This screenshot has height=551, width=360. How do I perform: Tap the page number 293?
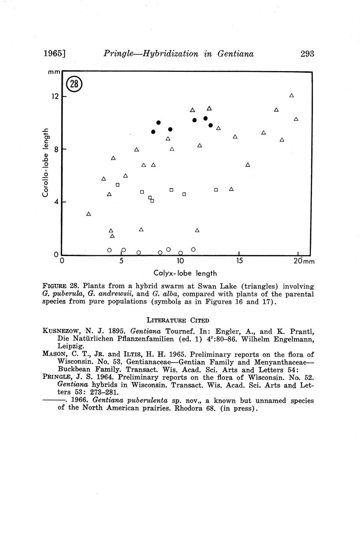click(x=307, y=54)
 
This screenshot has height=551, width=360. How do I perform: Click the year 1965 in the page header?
click(x=54, y=54)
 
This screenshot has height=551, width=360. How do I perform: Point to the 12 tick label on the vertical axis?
click(x=54, y=97)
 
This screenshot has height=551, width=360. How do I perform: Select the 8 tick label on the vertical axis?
click(x=57, y=149)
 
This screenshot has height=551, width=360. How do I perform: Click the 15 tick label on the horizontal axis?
click(x=239, y=261)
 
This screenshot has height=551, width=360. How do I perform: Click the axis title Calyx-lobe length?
click(x=185, y=273)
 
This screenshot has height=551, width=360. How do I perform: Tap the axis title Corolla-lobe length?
click(x=46, y=162)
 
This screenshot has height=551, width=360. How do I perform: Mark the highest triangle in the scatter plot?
click(x=292, y=95)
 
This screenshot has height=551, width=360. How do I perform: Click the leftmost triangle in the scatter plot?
click(x=89, y=214)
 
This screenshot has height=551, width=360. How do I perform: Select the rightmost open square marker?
click(x=216, y=190)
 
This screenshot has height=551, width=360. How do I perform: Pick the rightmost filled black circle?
click(x=211, y=125)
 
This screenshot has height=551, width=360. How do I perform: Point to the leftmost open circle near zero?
click(x=109, y=250)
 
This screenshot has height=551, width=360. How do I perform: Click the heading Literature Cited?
click(x=178, y=320)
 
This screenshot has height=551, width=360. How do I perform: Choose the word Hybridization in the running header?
click(x=171, y=54)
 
